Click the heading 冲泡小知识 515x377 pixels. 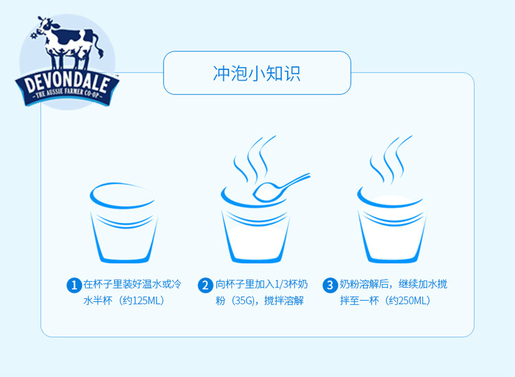[257, 73]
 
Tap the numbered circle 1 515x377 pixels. [74, 285]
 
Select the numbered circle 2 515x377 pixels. [205, 285]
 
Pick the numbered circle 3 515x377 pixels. [330, 285]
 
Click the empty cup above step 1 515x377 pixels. [123, 223]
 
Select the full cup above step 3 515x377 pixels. [391, 226]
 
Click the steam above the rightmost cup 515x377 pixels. [390, 159]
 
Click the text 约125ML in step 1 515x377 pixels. [141, 301]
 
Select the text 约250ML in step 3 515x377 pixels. [408, 301]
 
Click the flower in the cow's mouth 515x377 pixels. [34, 35]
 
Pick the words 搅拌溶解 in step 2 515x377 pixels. [284, 301]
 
